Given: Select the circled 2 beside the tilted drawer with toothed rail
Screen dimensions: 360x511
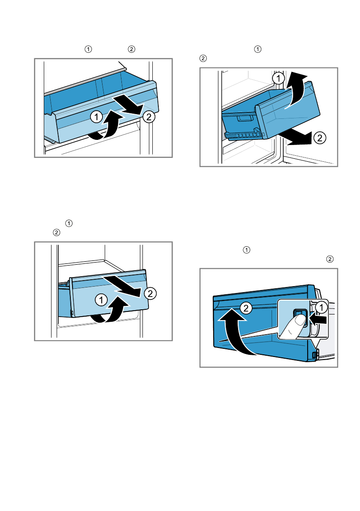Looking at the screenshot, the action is tap(319, 138).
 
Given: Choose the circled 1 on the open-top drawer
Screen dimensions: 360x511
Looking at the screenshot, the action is tap(97, 115).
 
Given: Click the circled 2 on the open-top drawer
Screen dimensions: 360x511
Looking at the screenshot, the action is tap(148, 116).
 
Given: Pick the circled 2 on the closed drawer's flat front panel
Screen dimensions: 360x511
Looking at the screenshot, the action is tap(150, 293).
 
